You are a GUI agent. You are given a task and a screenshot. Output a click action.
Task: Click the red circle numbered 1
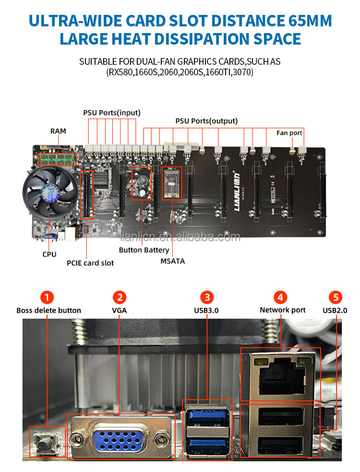coord(47,297)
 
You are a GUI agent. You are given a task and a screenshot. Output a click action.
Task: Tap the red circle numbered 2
coord(120,297)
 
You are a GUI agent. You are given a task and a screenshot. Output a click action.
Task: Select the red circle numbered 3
coord(206,297)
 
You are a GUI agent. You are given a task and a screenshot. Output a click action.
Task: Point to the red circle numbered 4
coord(280,297)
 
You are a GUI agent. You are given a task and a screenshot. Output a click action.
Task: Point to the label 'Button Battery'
coord(144,250)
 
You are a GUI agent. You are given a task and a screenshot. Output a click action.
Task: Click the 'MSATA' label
coord(173,261)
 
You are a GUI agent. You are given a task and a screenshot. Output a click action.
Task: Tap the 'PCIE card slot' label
coord(90,262)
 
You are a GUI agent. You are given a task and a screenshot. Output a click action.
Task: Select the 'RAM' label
coord(59,130)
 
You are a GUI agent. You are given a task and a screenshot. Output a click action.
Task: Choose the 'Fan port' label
coord(289,132)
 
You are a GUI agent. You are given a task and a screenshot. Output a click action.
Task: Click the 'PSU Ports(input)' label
coord(111,113)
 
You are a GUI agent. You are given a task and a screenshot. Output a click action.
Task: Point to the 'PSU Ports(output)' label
coord(206,121)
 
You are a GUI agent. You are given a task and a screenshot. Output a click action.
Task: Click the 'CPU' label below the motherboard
coord(49,254)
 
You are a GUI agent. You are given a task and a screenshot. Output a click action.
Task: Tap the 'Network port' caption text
coord(283,310)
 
